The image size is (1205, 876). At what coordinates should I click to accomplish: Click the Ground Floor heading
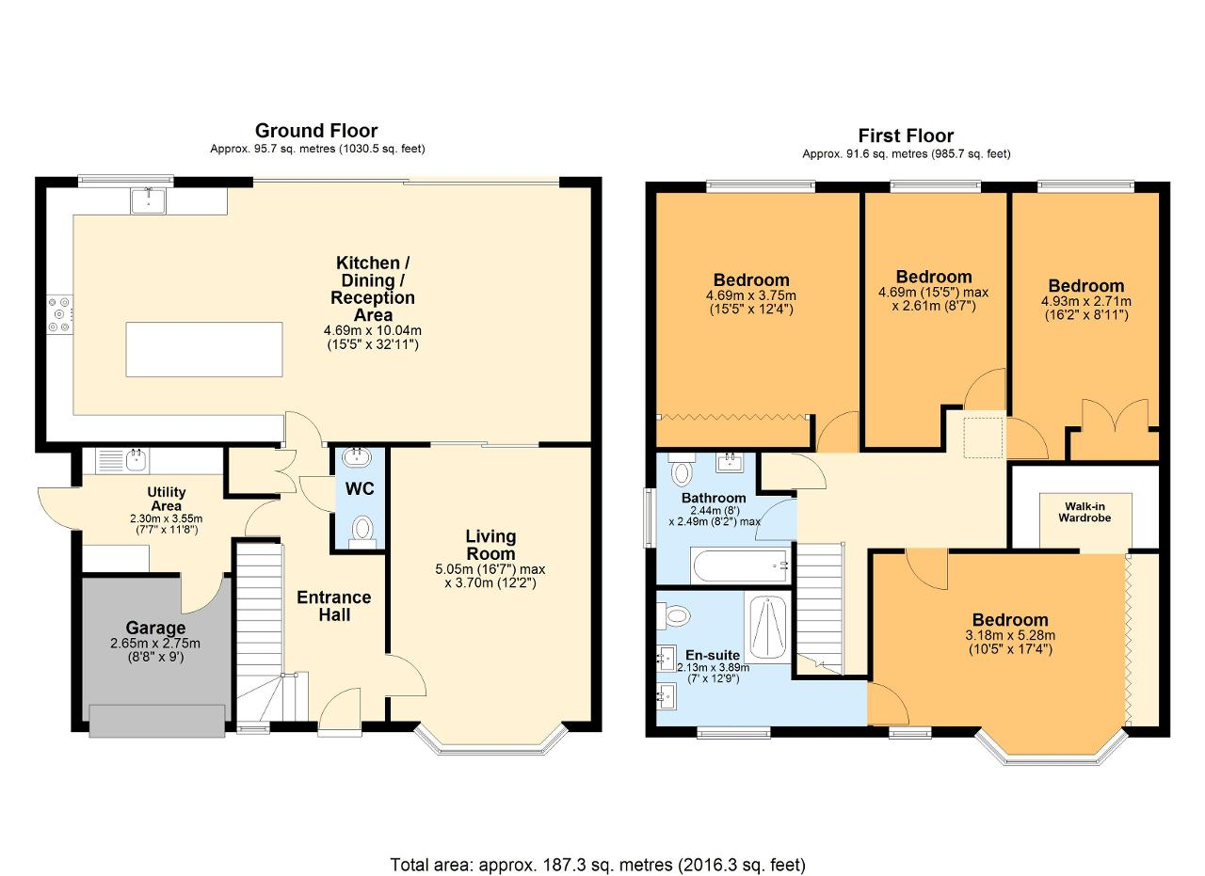coord(316,131)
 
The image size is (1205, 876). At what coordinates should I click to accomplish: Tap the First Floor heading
coord(906,135)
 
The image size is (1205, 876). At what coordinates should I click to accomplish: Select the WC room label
coord(360,489)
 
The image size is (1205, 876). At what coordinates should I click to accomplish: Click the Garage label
coord(155,628)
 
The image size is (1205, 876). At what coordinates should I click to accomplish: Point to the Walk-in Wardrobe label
coord(1084,512)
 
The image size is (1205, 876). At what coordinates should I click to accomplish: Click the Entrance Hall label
coord(334,606)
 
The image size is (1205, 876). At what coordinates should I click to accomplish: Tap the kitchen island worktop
coord(204,349)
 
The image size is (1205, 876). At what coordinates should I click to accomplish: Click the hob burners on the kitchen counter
coord(59,314)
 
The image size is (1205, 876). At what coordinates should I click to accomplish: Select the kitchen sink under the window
coord(148,200)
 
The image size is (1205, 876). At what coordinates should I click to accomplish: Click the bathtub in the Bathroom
coord(741,565)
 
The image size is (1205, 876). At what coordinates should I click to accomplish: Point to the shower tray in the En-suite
coord(767,627)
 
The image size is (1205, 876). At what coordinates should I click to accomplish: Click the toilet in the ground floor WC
coord(362,532)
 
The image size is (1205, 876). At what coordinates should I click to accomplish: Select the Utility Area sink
coord(122,461)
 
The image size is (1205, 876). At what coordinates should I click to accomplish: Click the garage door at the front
coord(157,721)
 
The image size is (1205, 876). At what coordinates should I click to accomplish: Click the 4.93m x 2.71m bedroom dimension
coord(1086,301)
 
